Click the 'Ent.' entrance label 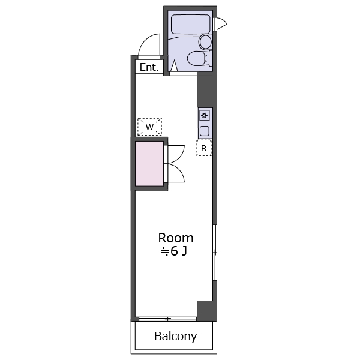click(x=149, y=67)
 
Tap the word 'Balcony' click(x=176, y=337)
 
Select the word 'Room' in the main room click(x=176, y=238)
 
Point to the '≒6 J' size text click(x=174, y=251)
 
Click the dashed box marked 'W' click(x=149, y=127)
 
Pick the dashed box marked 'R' click(x=204, y=148)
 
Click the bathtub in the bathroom click(x=191, y=24)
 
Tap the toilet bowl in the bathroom click(x=197, y=58)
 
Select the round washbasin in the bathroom click(x=205, y=42)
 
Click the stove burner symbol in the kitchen click(x=205, y=115)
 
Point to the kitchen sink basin click(x=205, y=131)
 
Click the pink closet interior click(x=149, y=163)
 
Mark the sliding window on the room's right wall click(x=215, y=253)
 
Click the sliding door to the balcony click(x=167, y=319)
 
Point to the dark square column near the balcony click(x=206, y=310)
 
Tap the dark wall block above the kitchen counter click(x=206, y=91)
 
